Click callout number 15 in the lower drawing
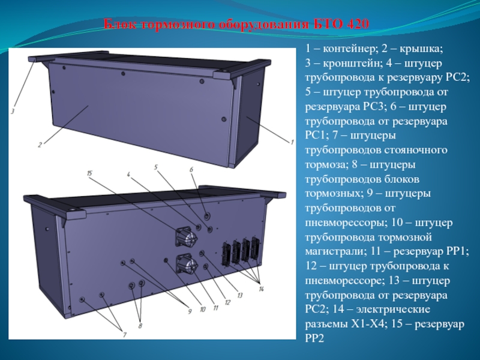point(89,173)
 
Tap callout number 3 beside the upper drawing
point(13,112)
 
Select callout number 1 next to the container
point(292,142)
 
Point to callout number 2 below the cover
point(40,145)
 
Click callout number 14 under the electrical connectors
point(261,289)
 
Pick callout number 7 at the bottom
point(125,335)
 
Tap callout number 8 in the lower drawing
point(140,326)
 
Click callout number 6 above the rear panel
point(191,170)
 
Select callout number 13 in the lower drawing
point(239,295)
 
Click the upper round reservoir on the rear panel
point(186,238)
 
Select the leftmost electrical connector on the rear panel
point(227,253)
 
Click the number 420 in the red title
point(358,24)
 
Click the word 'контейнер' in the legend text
point(351,49)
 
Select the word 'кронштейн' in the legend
point(351,64)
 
